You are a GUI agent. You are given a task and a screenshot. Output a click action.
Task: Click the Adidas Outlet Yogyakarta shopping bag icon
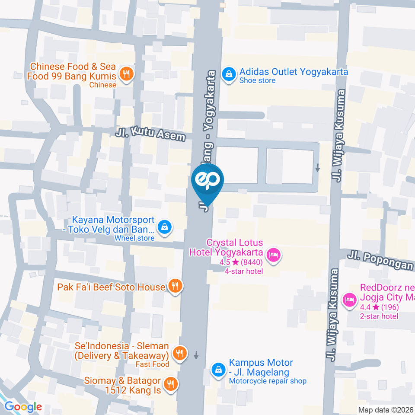[x=227, y=74]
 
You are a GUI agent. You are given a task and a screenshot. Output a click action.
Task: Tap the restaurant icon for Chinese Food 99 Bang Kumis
[x=126, y=74]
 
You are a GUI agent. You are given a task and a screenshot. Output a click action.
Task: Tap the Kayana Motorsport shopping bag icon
[x=164, y=227]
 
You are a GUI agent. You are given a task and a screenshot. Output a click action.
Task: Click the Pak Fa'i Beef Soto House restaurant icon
[x=175, y=286]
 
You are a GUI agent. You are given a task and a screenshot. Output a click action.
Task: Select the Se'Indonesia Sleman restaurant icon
[x=179, y=354]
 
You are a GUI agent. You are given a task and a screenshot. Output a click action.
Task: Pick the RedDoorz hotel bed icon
[x=349, y=298]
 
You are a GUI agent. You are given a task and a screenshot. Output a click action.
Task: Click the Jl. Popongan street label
[x=380, y=262]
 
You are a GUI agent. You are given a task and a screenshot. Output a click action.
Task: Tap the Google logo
[x=23, y=407]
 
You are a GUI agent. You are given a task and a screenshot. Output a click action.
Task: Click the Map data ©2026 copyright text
[x=386, y=410]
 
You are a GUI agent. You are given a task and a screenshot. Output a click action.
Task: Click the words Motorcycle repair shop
[x=268, y=381]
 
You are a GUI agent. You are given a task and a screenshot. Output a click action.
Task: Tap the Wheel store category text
[x=134, y=238]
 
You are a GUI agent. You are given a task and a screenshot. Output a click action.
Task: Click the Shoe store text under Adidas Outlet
[x=257, y=80]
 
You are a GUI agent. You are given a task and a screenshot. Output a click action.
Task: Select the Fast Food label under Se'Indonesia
[x=152, y=364]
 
